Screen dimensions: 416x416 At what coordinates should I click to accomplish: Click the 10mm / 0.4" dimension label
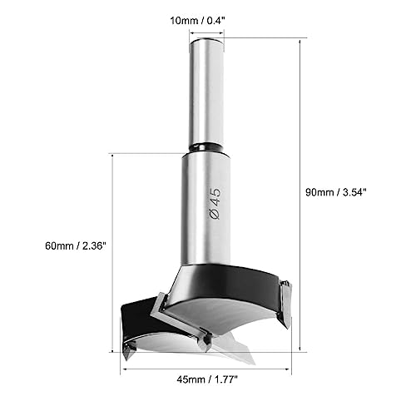pos(196,21)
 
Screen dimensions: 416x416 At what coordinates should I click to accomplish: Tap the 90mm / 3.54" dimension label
pos(336,192)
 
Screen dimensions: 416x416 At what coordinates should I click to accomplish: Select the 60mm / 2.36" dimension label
pos(76,245)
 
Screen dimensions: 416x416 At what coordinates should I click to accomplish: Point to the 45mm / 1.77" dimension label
pos(207,379)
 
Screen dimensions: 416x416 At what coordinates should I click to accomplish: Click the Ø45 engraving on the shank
pos(215,204)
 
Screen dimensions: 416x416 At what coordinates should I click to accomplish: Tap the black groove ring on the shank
pos(206,147)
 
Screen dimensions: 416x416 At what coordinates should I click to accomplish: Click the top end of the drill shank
pos(206,40)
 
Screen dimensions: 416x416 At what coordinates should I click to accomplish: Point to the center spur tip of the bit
pos(254,364)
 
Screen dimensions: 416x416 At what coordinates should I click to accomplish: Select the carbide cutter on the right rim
pos(285,305)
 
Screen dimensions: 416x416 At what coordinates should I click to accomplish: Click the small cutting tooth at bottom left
pos(128,351)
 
